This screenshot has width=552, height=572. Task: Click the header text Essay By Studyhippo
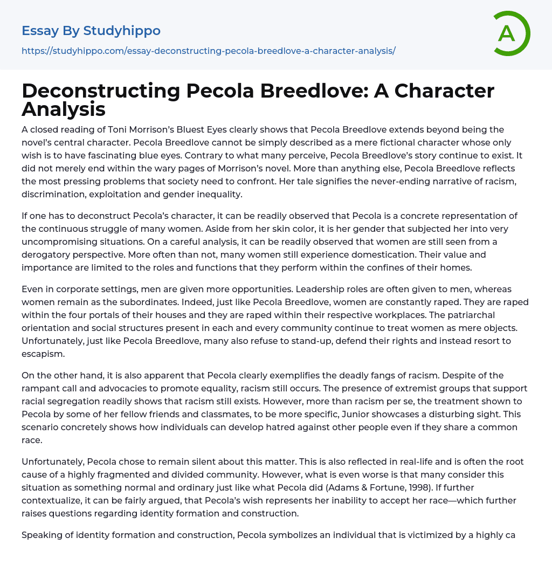click(x=91, y=31)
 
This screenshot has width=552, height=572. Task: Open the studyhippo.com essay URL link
click(x=209, y=51)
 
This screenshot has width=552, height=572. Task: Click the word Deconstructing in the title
click(x=101, y=91)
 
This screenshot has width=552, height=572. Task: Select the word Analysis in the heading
click(x=64, y=109)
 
